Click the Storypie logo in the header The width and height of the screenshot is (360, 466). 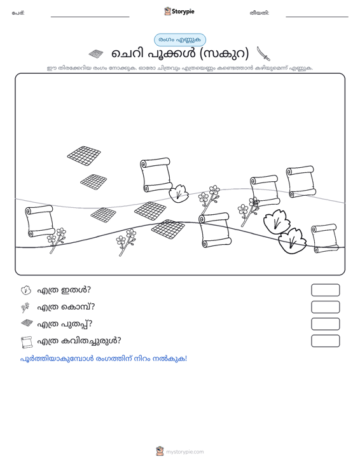click(179, 11)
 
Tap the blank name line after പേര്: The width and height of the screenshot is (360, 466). click(90, 17)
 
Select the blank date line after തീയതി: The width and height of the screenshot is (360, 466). click(317, 17)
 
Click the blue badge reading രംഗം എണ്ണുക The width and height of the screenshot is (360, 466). click(180, 40)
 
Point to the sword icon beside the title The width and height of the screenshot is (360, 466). click(263, 53)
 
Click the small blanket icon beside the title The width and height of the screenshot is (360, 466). click(96, 54)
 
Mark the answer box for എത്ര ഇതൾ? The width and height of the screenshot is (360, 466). click(325, 290)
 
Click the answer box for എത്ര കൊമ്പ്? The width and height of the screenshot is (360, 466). click(325, 307)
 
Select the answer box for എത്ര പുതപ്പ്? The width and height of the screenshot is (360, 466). click(325, 324)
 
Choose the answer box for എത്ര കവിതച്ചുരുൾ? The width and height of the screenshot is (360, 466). click(325, 341)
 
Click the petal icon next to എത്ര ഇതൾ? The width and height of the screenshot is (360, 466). click(26, 290)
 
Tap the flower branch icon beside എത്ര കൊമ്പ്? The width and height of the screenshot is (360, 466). click(25, 308)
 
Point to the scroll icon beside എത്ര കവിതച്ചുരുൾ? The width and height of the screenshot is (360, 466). click(27, 342)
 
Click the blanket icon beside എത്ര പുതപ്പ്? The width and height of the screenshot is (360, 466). click(27, 323)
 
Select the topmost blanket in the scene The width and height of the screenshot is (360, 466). click(84, 155)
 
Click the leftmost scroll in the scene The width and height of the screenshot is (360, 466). click(40, 221)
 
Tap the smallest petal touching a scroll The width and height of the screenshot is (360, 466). click(179, 193)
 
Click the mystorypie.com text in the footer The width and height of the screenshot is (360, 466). click(184, 452)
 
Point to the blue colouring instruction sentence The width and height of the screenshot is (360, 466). click(104, 359)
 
